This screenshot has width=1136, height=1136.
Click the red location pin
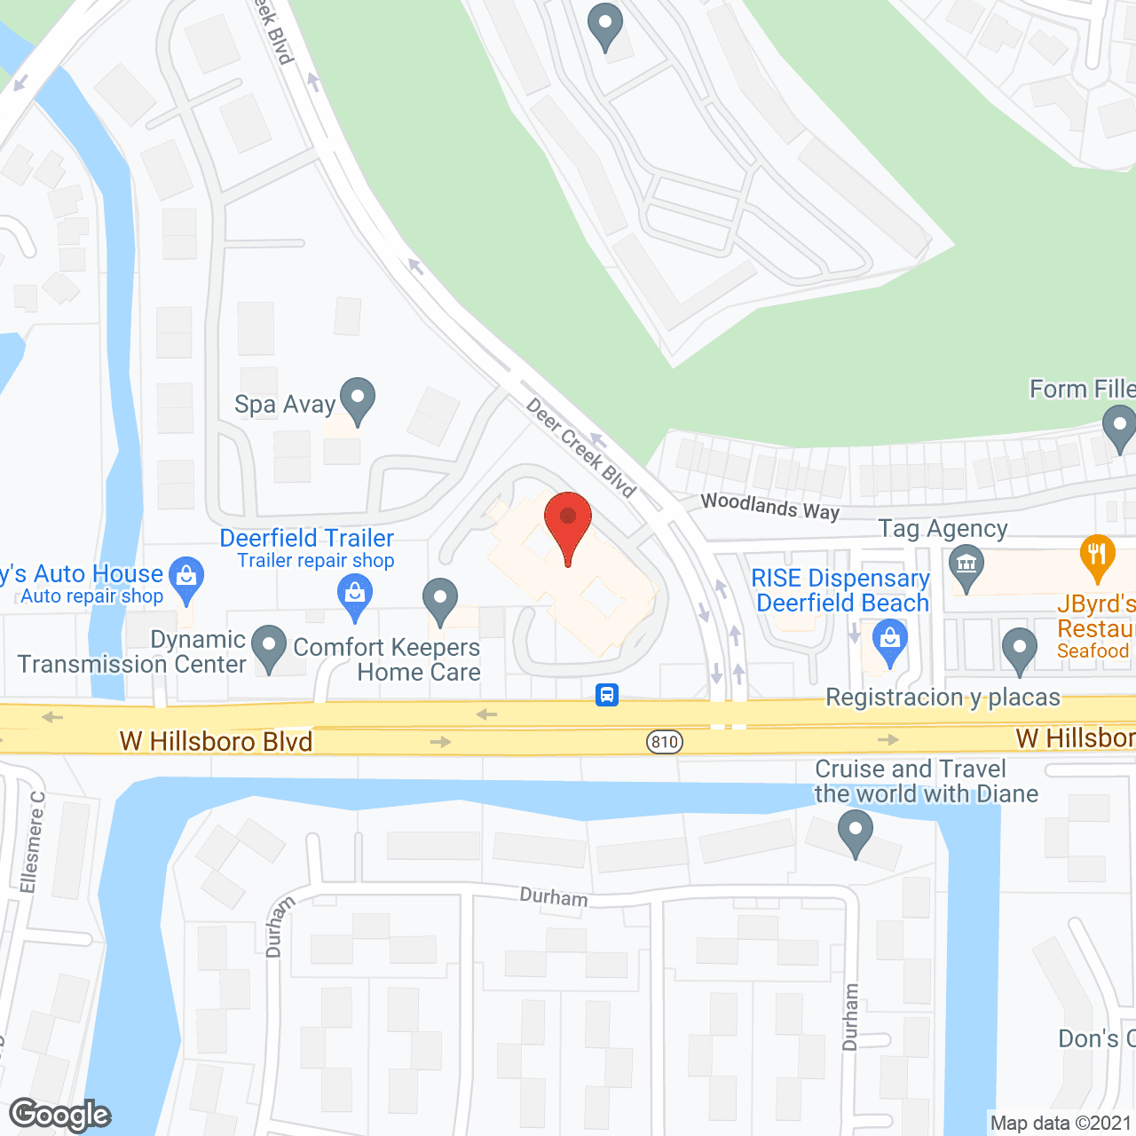tap(567, 524)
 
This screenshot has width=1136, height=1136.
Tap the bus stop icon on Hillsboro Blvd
tap(607, 693)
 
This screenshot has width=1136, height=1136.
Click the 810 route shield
tap(664, 742)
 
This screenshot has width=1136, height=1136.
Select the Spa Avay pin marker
tap(357, 399)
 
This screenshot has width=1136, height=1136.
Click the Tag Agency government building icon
tap(966, 565)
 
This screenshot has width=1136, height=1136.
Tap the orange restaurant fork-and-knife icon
tap(1098, 556)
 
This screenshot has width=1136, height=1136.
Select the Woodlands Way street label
tap(769, 507)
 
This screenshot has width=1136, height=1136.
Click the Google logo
tap(59, 1114)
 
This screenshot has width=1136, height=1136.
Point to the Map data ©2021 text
tap(1061, 1124)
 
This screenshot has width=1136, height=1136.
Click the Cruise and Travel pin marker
tap(855, 834)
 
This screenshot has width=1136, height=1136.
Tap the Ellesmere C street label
tap(32, 842)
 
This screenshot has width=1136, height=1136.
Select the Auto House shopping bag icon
tap(186, 578)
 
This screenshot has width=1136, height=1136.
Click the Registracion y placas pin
tap(1019, 650)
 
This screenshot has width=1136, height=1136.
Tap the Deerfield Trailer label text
tap(306, 538)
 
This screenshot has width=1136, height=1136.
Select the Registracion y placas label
tap(943, 698)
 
